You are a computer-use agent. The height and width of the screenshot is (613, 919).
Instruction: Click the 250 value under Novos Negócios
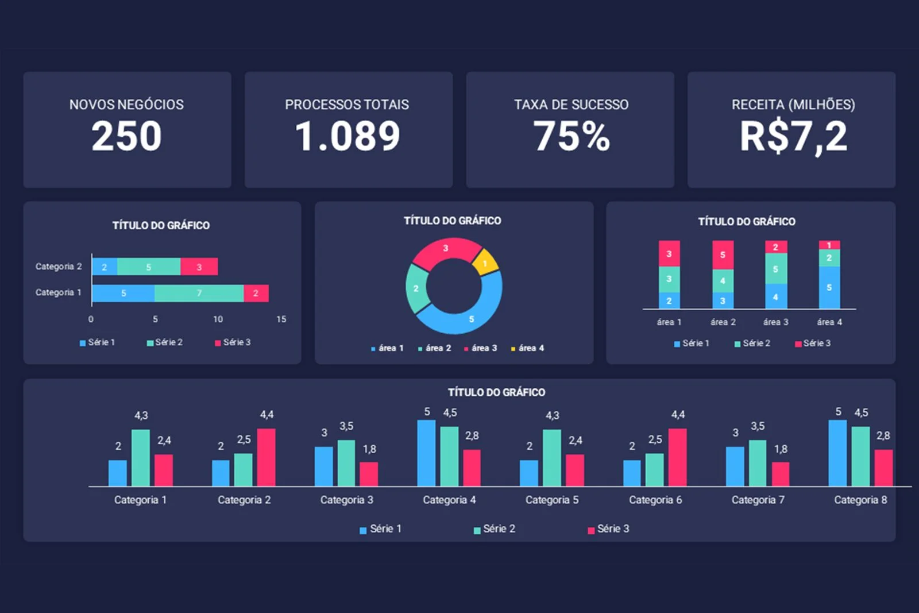click(126, 137)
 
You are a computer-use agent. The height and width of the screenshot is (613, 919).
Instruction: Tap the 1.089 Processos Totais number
click(347, 137)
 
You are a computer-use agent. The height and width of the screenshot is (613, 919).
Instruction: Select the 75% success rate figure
click(572, 137)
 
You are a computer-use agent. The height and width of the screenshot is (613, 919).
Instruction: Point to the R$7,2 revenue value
click(793, 137)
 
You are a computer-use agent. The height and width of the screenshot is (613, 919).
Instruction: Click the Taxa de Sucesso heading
click(571, 105)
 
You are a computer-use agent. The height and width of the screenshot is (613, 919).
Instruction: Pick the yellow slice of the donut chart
click(485, 262)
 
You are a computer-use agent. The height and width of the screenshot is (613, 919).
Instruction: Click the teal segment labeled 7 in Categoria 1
click(199, 293)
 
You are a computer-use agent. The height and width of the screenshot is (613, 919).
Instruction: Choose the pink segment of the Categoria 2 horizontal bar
click(199, 267)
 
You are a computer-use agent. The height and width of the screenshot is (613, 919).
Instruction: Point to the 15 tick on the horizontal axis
click(281, 319)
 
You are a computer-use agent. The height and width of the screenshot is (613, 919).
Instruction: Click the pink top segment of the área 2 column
click(723, 255)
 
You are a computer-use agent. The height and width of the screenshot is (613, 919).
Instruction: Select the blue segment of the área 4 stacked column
click(829, 287)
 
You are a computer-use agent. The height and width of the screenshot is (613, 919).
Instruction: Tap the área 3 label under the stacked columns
click(775, 322)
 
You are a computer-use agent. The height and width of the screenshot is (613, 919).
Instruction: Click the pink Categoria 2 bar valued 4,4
click(266, 457)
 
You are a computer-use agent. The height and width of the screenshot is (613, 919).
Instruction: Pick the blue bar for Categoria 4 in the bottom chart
click(426, 453)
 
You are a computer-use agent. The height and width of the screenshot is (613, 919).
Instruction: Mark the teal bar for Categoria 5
click(552, 457)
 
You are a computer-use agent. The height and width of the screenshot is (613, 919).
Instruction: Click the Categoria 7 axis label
click(758, 500)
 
